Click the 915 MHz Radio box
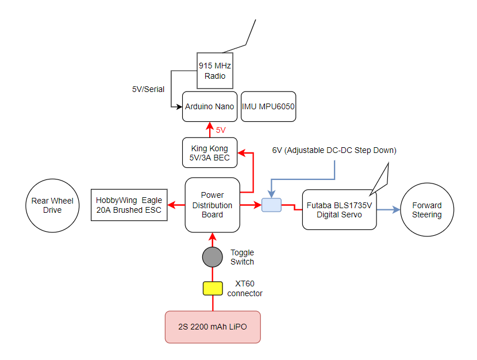coord(214,71)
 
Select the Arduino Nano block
coord(210,106)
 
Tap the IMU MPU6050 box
coord(268,106)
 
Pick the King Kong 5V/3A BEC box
coord(210,153)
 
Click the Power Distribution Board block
coord(212,205)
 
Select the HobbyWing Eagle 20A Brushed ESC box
coord(128,205)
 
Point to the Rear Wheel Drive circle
coord(52,205)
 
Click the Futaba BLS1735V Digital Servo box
coord(338,210)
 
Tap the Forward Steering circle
coord(426,210)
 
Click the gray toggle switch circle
coord(212,256)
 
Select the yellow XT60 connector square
coord(213,288)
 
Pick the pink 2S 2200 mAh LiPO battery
coord(213,327)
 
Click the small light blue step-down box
coord(271,205)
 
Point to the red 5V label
coord(221,131)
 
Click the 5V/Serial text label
coord(148,89)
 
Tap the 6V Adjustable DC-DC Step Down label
coord(334,151)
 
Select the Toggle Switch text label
coord(242,257)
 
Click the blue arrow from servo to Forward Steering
coord(388,210)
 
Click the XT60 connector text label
coord(245,289)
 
